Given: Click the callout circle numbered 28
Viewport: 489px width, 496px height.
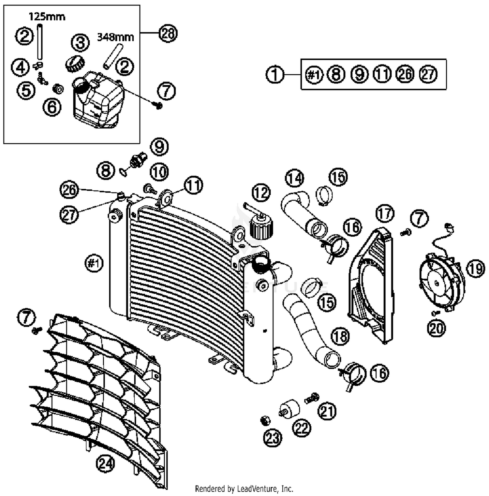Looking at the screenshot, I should (x=168, y=34).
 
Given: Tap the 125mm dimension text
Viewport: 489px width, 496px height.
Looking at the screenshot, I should (x=47, y=16).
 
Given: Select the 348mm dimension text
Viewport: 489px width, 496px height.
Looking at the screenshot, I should (x=115, y=37).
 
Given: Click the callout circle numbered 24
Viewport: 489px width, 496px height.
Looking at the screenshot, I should (x=106, y=463).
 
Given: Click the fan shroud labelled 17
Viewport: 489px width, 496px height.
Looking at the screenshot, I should (x=372, y=287).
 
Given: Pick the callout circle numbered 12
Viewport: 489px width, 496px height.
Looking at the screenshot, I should (x=261, y=193).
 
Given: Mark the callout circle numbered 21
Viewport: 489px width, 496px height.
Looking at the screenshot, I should (x=327, y=411).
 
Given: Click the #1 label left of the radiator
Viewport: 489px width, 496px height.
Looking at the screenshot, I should (x=94, y=263).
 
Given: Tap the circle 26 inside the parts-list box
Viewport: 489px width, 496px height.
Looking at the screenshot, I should (x=405, y=74).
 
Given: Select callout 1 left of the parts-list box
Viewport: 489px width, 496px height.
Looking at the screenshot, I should (x=275, y=74).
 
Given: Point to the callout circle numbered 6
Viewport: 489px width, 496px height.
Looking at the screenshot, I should (x=52, y=107).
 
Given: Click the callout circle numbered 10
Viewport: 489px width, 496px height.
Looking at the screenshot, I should (x=159, y=172).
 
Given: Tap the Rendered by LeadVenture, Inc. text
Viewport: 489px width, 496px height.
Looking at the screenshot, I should (x=244, y=489).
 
